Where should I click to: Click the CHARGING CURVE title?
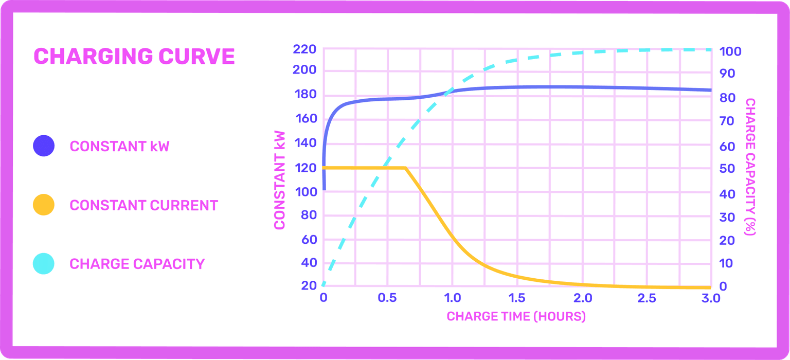(x=134, y=57)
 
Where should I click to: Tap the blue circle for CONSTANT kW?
(x=44, y=146)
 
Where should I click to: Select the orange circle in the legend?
(x=44, y=205)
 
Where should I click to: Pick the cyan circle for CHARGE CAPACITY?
(x=44, y=264)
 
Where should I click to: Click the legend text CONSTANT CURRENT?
(x=143, y=205)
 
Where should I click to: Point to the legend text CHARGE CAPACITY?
(x=137, y=264)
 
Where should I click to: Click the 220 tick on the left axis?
(x=303, y=50)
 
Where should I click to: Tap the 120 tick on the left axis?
(x=303, y=168)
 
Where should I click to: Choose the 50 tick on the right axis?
(x=727, y=169)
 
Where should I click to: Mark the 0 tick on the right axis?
(x=723, y=286)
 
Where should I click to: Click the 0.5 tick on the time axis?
(x=387, y=298)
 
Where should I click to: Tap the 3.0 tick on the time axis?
(x=710, y=298)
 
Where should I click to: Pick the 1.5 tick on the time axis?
(x=517, y=298)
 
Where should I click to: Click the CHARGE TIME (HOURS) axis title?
(x=516, y=316)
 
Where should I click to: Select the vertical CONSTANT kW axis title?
(x=280, y=180)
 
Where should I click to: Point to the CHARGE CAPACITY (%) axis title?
(x=750, y=167)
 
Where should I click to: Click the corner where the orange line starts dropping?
(x=406, y=168)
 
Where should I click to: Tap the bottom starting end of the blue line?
(x=324, y=189)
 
